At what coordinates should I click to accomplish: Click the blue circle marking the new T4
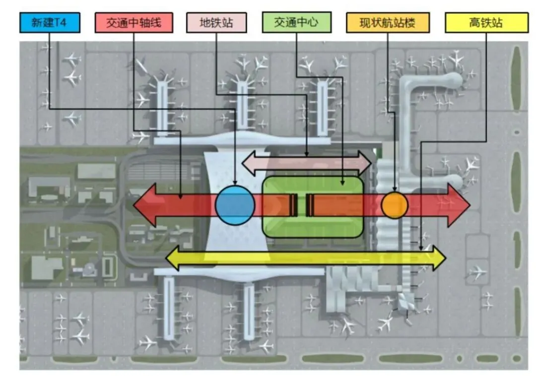click(x=235, y=205)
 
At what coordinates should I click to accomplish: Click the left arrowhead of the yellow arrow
click(x=173, y=257)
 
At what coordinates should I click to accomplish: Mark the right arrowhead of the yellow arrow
click(x=439, y=257)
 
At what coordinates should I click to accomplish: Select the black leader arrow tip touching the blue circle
click(x=235, y=185)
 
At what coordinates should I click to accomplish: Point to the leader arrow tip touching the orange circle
click(x=395, y=190)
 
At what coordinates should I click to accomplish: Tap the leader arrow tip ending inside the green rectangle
click(x=342, y=185)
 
